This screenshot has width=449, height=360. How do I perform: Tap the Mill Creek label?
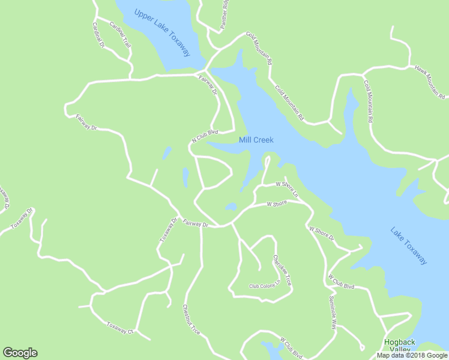point(256,140)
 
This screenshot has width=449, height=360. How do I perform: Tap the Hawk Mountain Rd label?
point(430,82)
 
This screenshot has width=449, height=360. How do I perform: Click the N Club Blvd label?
point(204,135)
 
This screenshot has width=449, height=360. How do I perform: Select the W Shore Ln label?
point(286,188)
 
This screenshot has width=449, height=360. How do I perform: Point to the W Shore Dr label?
point(321,233)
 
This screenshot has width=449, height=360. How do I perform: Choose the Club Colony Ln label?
point(265,284)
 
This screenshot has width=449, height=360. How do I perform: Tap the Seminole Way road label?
point(333,313)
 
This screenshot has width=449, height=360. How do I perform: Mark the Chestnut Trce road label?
point(191,319)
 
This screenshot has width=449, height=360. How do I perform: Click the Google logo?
point(20,353)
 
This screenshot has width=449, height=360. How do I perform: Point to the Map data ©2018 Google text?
point(411,355)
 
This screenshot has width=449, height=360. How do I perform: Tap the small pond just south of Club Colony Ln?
point(273,348)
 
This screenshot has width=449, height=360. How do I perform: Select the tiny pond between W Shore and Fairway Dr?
point(231,208)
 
